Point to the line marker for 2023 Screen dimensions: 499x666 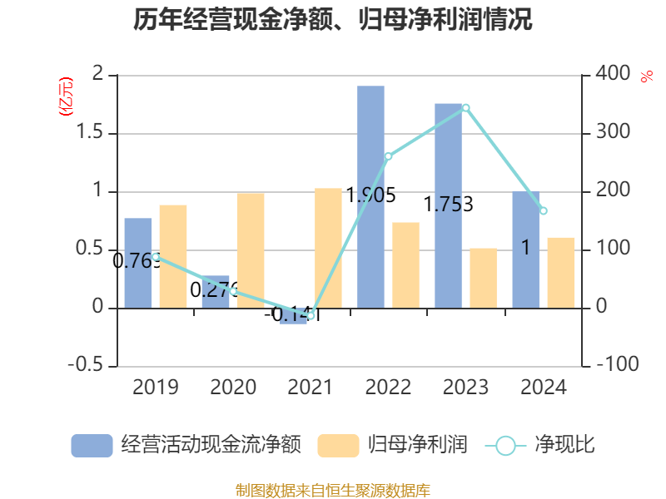[465, 107]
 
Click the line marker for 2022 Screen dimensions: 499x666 [388, 156]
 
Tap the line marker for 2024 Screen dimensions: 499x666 [544, 210]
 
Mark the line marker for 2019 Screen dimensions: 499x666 [155, 256]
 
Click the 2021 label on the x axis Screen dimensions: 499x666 [310, 388]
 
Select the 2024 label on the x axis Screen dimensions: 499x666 [543, 388]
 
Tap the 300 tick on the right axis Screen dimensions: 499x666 [613, 133]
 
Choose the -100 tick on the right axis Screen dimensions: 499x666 [617, 366]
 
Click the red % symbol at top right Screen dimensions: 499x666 [646, 77]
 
